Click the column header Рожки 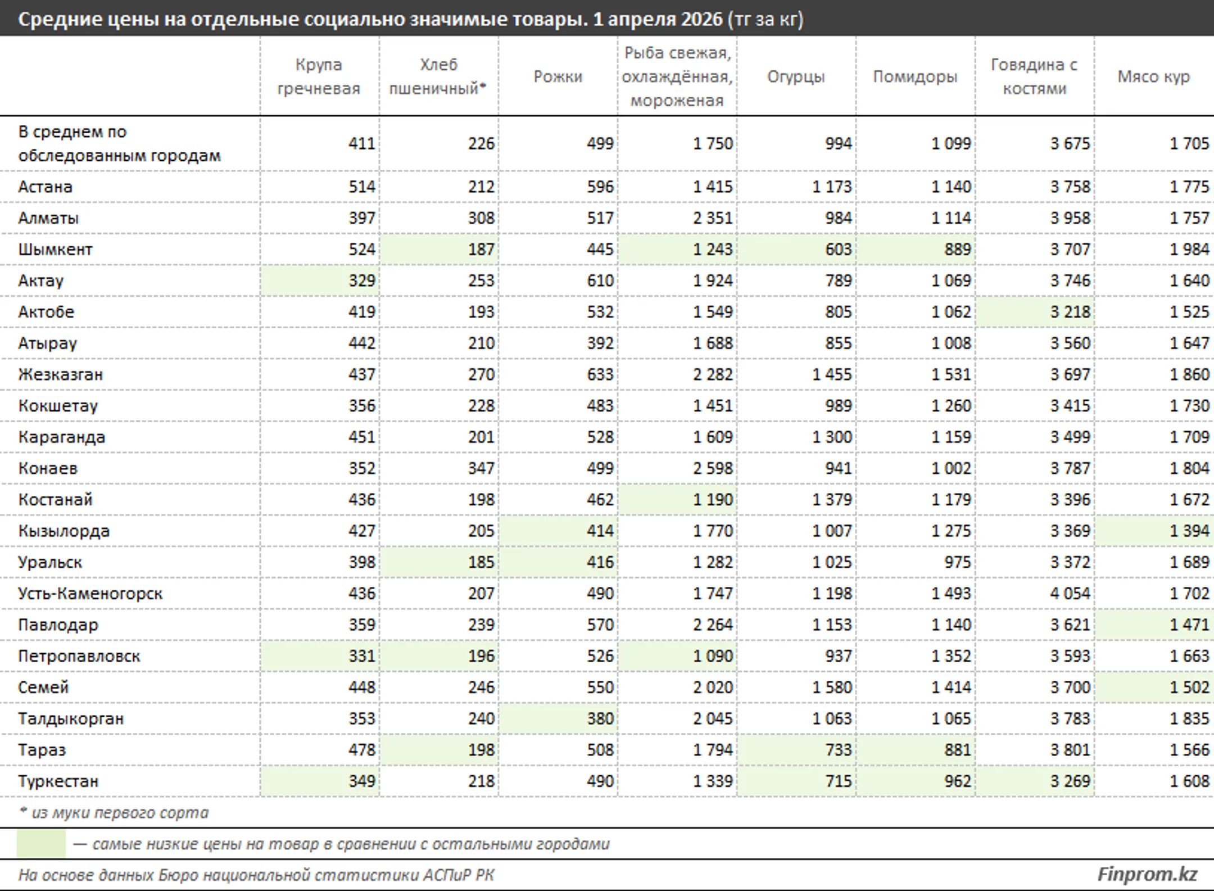(558, 76)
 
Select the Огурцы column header (796, 77)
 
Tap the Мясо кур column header (1153, 77)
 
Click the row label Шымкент (55, 249)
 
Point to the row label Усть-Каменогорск (90, 593)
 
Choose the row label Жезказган (61, 374)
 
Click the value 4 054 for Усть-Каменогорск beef (1070, 593)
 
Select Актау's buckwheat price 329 (361, 281)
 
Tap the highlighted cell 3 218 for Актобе (1070, 312)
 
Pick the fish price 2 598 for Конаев (713, 468)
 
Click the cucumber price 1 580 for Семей (832, 687)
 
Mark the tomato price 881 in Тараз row (958, 749)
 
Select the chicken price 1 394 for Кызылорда (1189, 531)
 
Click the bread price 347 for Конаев (481, 468)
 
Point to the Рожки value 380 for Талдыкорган (600, 718)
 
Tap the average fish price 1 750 (713, 143)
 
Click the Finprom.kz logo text (1147, 874)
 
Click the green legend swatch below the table (41, 844)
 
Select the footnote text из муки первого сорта (120, 813)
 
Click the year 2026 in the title (701, 19)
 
